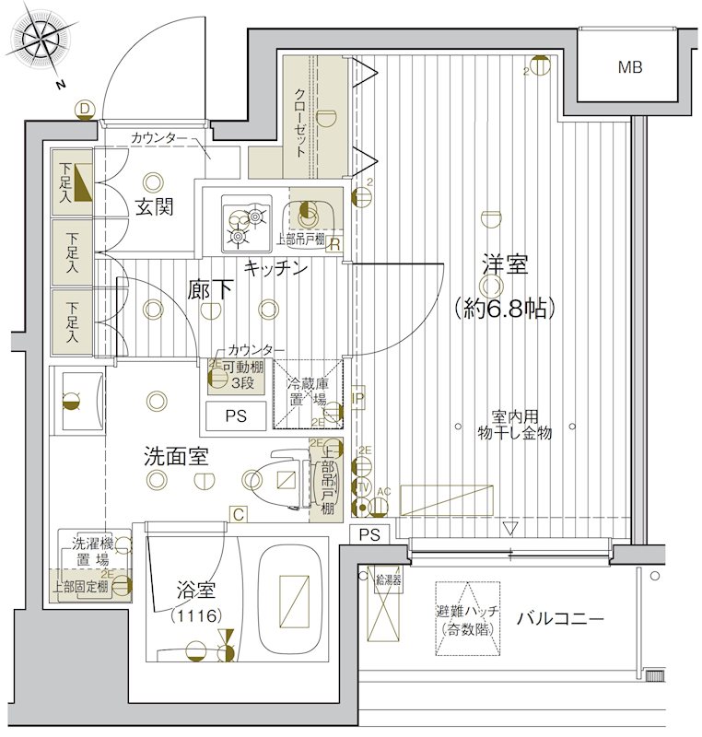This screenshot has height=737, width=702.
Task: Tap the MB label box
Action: tap(630, 67)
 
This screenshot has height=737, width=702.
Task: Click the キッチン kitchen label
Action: tap(275, 267)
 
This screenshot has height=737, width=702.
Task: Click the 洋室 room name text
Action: tap(504, 267)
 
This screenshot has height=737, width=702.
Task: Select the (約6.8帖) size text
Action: tap(504, 308)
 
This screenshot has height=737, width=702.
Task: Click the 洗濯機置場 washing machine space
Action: tap(85, 556)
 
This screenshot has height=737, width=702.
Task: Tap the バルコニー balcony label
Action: tap(559, 618)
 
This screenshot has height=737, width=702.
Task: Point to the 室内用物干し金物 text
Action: tap(514, 424)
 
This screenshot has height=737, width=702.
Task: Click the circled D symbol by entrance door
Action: tap(85, 110)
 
